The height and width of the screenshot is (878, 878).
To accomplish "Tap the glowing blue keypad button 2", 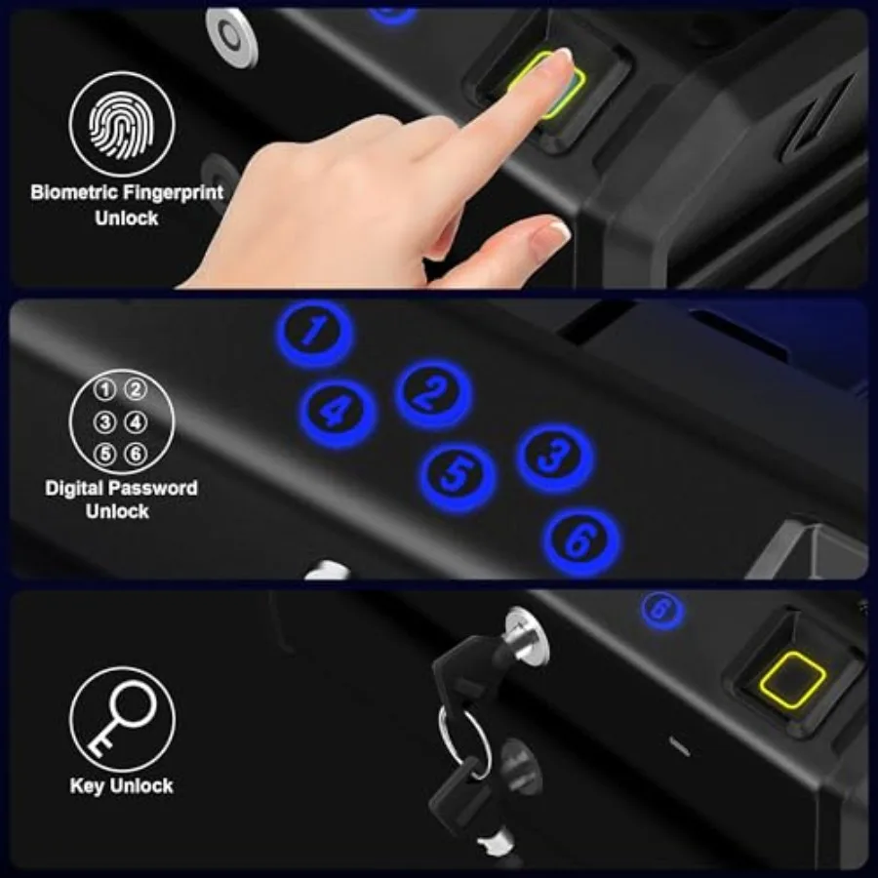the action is coord(433,394).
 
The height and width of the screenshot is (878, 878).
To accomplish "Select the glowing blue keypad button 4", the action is coord(338,414).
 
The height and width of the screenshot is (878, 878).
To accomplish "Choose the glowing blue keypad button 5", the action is coord(459,477).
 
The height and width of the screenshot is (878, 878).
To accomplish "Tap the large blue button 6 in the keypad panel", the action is coord(581,541).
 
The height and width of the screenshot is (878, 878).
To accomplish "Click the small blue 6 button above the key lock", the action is coord(662,611).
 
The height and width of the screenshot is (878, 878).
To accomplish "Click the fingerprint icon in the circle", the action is coord(122,124).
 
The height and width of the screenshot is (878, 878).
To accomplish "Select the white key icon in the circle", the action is coord(122,718).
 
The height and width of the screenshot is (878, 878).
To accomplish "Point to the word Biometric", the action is coord(74,192).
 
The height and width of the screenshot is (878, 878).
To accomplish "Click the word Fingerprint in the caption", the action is coord(173,193).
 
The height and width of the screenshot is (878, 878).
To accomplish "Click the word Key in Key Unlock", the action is coord(87,786).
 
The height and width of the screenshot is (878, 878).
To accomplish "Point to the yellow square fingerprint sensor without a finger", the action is coord(792,680).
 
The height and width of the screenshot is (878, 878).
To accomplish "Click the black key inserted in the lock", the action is coord(467,672).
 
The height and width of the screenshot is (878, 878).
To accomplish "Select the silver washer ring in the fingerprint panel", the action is coord(232,36).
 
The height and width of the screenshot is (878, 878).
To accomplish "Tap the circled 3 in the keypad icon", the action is coord(104,422).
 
